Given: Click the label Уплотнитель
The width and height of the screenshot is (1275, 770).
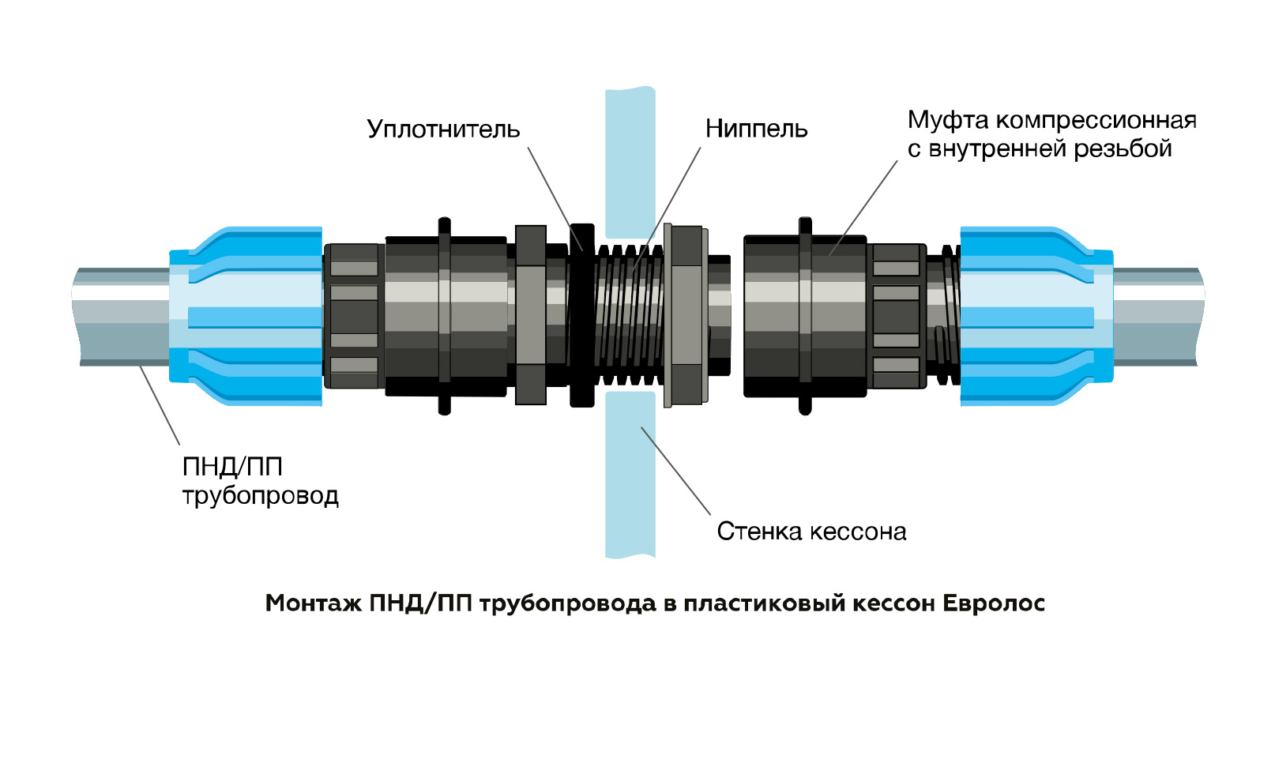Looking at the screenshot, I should click(x=443, y=129).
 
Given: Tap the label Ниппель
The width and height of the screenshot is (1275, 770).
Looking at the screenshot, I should click(x=756, y=129).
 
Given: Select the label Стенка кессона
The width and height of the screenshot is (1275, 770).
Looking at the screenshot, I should click(x=811, y=531).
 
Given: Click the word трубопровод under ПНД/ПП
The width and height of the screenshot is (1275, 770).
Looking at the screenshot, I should click(x=260, y=496).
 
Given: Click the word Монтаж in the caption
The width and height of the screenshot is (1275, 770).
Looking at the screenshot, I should click(x=313, y=603).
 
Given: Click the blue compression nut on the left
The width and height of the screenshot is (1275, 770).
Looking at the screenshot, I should click(x=245, y=316).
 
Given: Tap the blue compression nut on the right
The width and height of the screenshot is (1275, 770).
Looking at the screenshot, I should click(x=1035, y=316).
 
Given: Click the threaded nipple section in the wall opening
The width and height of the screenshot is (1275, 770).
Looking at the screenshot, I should click(x=628, y=316).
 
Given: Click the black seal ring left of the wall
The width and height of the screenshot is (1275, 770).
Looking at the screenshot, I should click(x=581, y=316).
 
